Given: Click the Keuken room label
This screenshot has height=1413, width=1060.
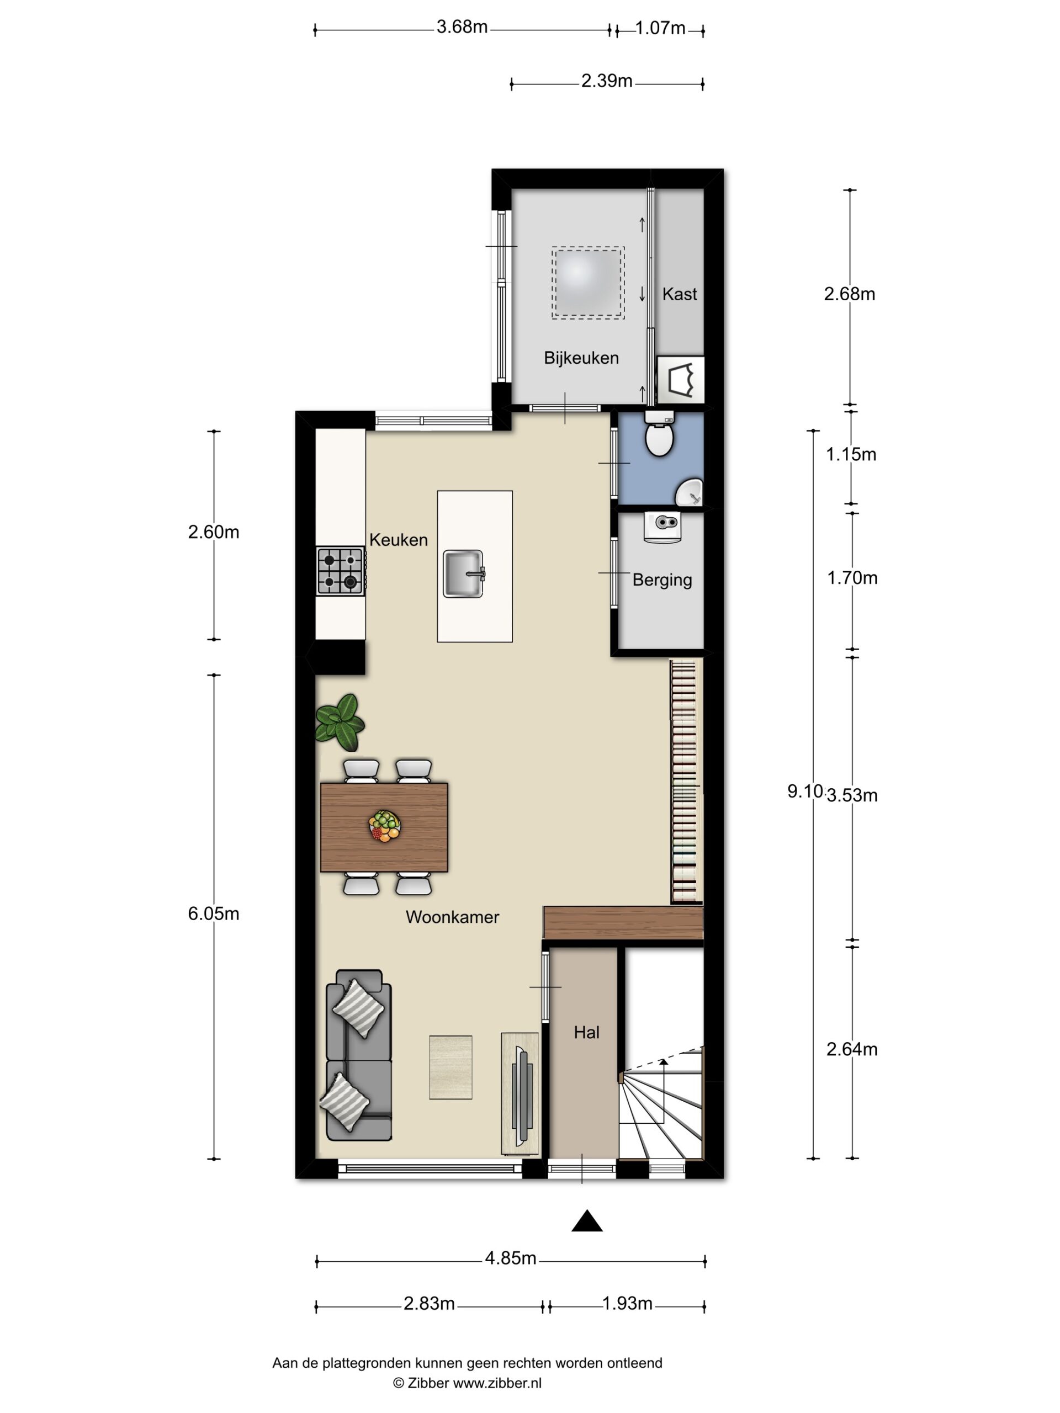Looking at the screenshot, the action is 398,540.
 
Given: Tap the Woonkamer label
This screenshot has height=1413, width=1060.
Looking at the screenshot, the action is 452,917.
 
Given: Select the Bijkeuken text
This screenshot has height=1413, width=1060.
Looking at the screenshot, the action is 581,358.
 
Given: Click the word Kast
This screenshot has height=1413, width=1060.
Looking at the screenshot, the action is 680,294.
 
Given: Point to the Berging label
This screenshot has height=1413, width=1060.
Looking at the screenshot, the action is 662,580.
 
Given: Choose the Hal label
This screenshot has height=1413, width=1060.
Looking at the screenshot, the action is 586,1032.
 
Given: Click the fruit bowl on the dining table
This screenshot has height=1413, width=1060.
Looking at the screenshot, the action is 385,825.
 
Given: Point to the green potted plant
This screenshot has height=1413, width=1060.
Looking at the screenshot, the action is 340,722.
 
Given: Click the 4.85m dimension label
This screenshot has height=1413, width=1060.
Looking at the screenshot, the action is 511,1258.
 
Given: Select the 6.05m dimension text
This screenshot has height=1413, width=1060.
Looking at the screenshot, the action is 214,914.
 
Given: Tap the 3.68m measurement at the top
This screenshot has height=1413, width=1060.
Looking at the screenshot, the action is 462,27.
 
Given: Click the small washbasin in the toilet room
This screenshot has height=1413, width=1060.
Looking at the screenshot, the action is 690,492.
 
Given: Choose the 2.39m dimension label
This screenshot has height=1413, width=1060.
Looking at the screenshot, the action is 607,81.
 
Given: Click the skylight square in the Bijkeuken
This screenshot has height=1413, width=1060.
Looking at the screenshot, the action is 588,283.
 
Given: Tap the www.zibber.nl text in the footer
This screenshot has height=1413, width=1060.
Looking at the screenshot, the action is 497,1384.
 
